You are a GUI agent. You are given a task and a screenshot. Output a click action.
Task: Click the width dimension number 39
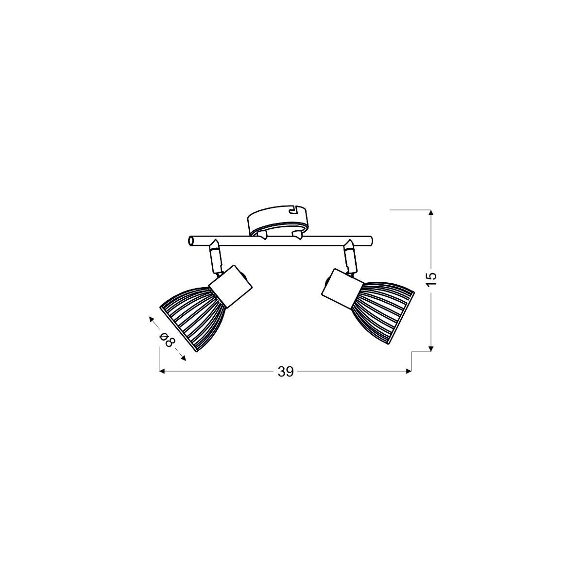[x=286, y=372]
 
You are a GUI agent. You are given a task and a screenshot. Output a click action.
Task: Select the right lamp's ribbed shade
[x=384, y=305]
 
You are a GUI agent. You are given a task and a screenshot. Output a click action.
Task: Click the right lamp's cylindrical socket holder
[x=340, y=288]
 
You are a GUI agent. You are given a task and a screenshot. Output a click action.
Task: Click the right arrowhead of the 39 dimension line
[x=409, y=371]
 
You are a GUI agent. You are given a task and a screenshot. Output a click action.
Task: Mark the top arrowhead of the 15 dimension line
[x=430, y=212]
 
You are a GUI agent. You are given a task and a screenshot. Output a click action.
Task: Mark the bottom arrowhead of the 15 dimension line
[x=430, y=347]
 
